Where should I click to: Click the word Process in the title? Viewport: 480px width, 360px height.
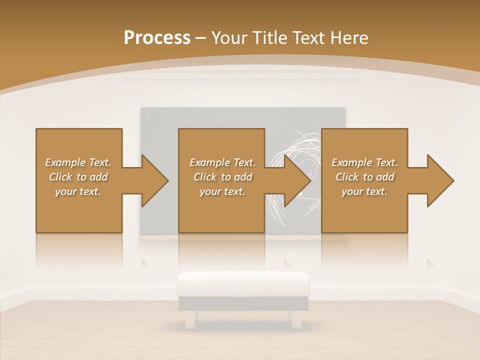(157, 38)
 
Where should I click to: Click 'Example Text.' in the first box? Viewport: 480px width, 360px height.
(78, 162)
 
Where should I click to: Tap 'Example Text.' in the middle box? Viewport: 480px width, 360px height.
(222, 162)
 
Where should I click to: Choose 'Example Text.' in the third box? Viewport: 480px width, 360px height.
(364, 162)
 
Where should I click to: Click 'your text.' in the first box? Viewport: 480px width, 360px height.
(78, 191)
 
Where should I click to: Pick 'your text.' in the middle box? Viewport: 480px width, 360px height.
(222, 191)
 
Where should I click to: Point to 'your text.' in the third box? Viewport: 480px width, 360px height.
(364, 191)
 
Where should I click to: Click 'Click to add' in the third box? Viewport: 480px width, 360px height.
(364, 177)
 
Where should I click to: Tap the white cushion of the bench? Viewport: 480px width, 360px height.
(243, 284)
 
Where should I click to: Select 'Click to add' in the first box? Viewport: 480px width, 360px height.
(78, 177)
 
